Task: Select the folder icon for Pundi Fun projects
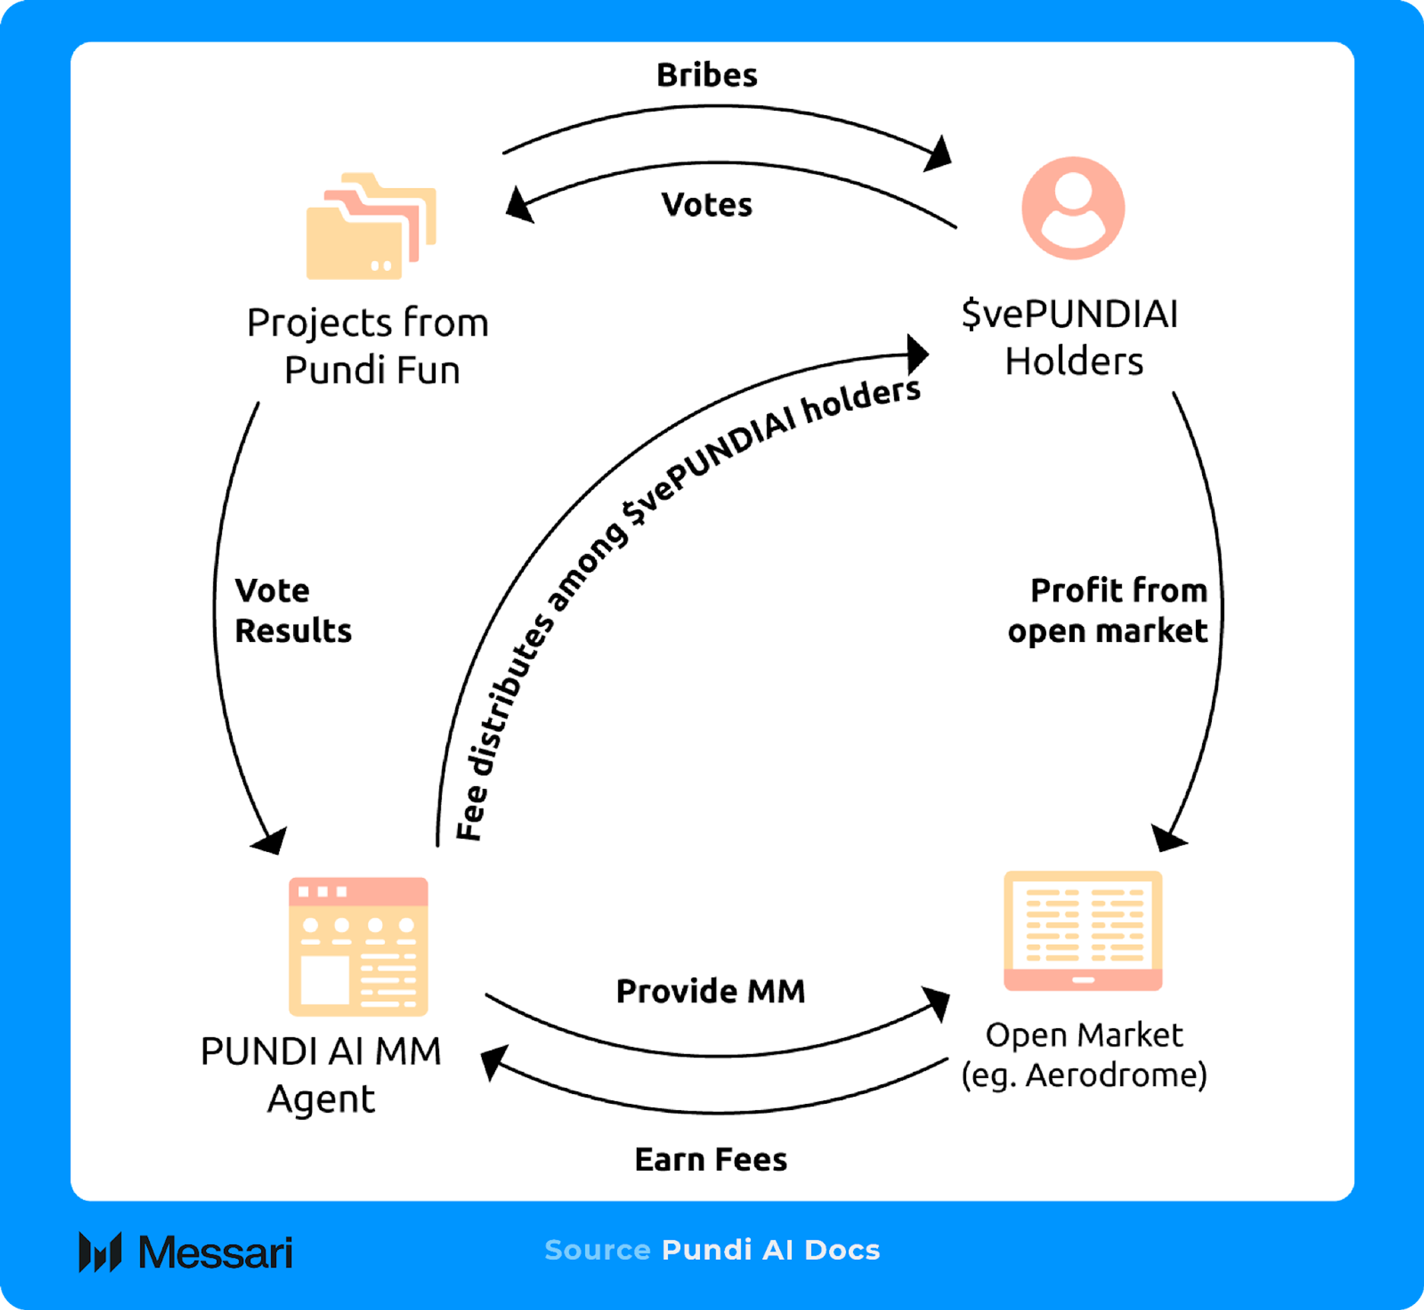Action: pyautogui.click(x=370, y=226)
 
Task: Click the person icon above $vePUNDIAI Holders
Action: pyautogui.click(x=1072, y=208)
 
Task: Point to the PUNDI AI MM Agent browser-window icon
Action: pyautogui.click(x=358, y=946)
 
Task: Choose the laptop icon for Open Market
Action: pyautogui.click(x=1082, y=930)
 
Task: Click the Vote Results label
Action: pyautogui.click(x=292, y=610)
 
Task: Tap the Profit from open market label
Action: pyautogui.click(x=1108, y=610)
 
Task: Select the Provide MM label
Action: pyautogui.click(x=711, y=991)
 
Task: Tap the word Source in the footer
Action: pyautogui.click(x=597, y=1250)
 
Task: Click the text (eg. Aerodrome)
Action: pyautogui.click(x=1084, y=1075)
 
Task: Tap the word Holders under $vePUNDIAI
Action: pyautogui.click(x=1074, y=362)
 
